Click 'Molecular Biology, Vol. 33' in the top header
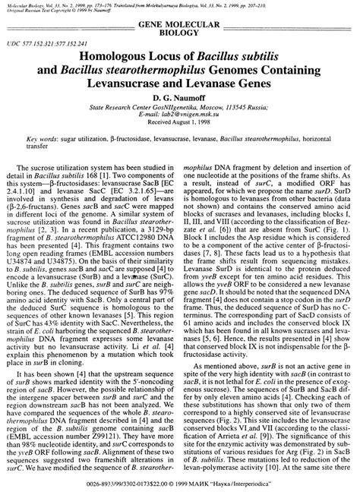pos(34,5)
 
